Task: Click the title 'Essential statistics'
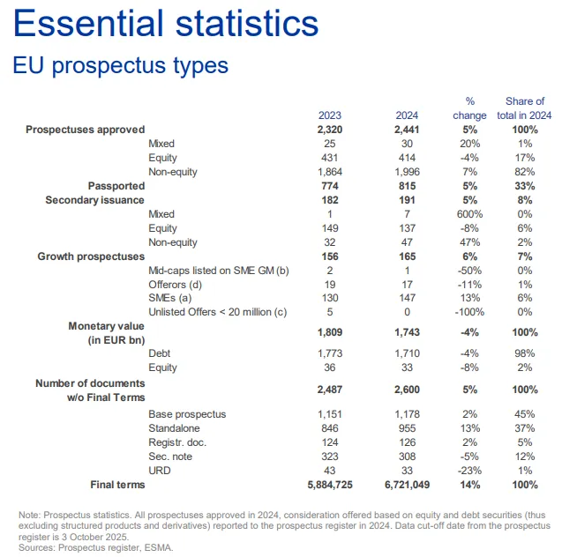click(167, 25)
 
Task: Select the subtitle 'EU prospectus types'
click(120, 65)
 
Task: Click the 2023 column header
click(330, 115)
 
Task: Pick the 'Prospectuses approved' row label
click(85, 130)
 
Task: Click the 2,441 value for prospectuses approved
click(408, 130)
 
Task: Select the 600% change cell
click(468, 214)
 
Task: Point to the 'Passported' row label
click(116, 186)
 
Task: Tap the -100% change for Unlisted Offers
click(468, 313)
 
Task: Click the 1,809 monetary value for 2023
click(330, 333)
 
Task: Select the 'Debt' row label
click(161, 353)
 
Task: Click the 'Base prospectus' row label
click(188, 414)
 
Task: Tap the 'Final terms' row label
click(117, 485)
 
